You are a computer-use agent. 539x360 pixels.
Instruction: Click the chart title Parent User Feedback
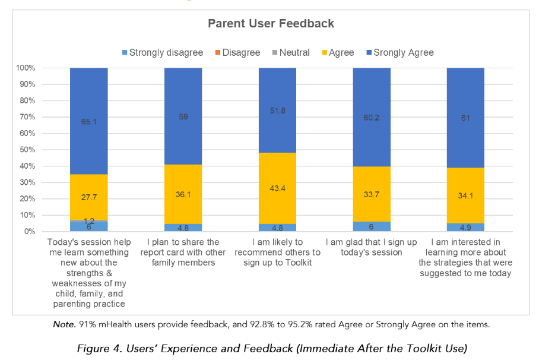pos(271,24)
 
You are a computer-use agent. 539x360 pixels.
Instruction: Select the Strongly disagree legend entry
pos(161,52)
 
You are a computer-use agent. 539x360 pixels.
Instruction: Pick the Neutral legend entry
pos(290,52)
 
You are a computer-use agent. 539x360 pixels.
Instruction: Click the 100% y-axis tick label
pos(26,68)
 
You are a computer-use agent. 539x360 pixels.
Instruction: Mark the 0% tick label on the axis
pos(29,232)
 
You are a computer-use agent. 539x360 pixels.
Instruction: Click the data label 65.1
pos(89,122)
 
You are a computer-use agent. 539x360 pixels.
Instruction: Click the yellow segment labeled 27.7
pos(89,197)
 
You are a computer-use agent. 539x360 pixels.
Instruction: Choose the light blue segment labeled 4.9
pos(465,227)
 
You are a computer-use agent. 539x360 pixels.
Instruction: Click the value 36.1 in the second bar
pos(183,194)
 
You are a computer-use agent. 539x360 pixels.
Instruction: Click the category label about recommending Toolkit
pos(277,252)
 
